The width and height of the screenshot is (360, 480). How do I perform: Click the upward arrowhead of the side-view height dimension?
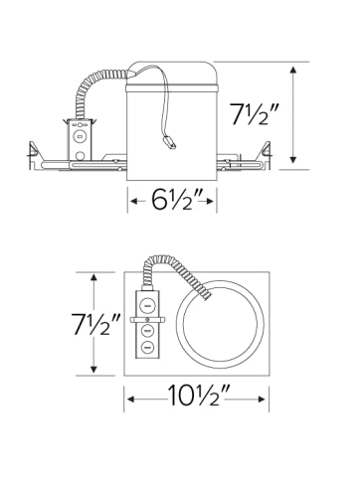[x=292, y=71]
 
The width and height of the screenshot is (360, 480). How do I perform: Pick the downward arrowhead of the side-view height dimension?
[x=292, y=159]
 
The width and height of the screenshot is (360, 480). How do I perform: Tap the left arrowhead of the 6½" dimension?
[x=134, y=201]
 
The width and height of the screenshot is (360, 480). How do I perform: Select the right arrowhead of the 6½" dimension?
[x=211, y=201]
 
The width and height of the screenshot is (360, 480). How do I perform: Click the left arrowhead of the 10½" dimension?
[x=131, y=400]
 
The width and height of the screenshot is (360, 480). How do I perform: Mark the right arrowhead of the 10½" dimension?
[x=262, y=400]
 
